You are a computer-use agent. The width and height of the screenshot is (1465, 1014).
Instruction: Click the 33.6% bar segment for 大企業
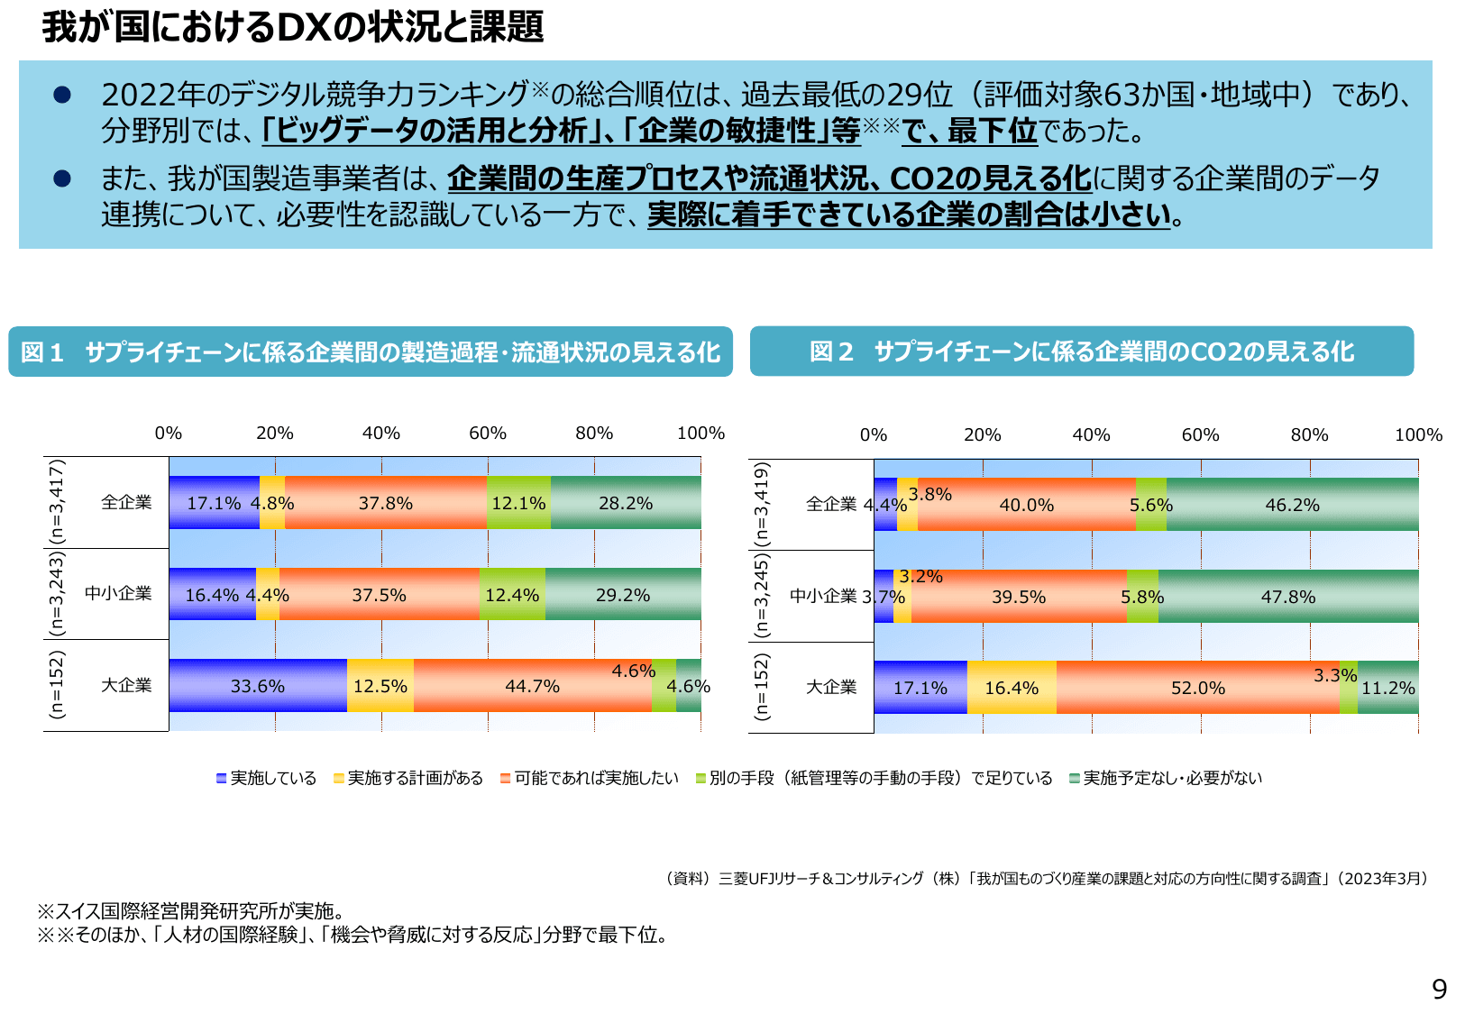coord(257,686)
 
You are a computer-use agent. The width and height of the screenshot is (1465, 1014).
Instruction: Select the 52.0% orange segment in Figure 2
coord(1197,688)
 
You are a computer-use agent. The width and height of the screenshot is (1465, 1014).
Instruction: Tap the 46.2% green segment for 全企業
coord(1291,505)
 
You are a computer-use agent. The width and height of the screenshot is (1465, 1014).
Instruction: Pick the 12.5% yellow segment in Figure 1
coord(380,686)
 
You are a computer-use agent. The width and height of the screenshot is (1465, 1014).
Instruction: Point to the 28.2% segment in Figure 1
coord(625,503)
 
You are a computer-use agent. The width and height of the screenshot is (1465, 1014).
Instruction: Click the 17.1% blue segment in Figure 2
coord(920,688)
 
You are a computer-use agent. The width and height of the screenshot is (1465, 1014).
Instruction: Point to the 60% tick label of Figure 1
coord(487,434)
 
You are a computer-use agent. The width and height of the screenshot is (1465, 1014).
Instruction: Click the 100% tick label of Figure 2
coord(1417,435)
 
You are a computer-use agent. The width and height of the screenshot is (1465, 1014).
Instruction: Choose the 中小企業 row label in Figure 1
coord(118,593)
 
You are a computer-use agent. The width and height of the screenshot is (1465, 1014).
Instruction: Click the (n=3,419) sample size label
coord(762,504)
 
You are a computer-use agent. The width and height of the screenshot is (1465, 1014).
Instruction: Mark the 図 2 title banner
coord(1081,352)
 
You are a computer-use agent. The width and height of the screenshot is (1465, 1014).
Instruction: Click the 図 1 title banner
coord(370,352)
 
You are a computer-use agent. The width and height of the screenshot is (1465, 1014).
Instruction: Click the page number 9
coord(1439,990)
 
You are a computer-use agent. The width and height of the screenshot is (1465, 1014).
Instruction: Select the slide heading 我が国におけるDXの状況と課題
coord(292,27)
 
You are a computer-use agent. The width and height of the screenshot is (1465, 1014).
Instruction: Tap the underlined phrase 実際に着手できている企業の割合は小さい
coord(908,215)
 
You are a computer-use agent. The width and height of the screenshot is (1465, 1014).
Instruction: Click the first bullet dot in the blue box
coord(62,95)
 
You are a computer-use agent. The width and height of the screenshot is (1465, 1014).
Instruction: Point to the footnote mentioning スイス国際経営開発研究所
coord(191,911)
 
